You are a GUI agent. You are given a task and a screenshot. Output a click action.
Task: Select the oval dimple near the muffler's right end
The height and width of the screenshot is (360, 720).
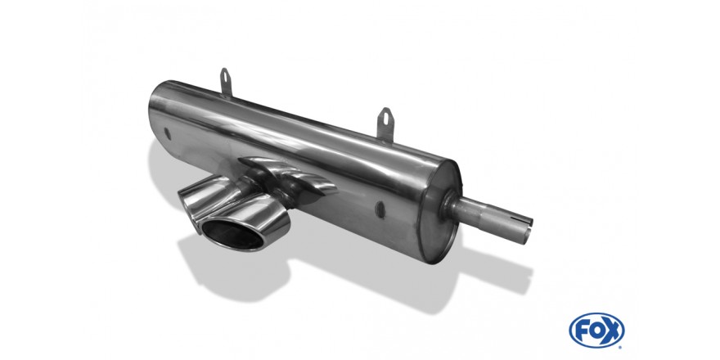point(381,207)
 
